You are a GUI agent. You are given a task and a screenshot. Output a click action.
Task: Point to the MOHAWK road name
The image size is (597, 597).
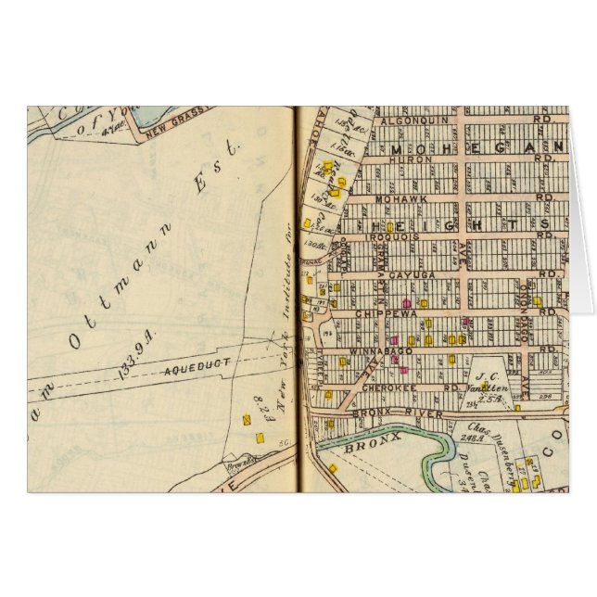point(399,197)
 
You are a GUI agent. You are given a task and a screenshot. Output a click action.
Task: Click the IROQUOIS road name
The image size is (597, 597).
point(370,236)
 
